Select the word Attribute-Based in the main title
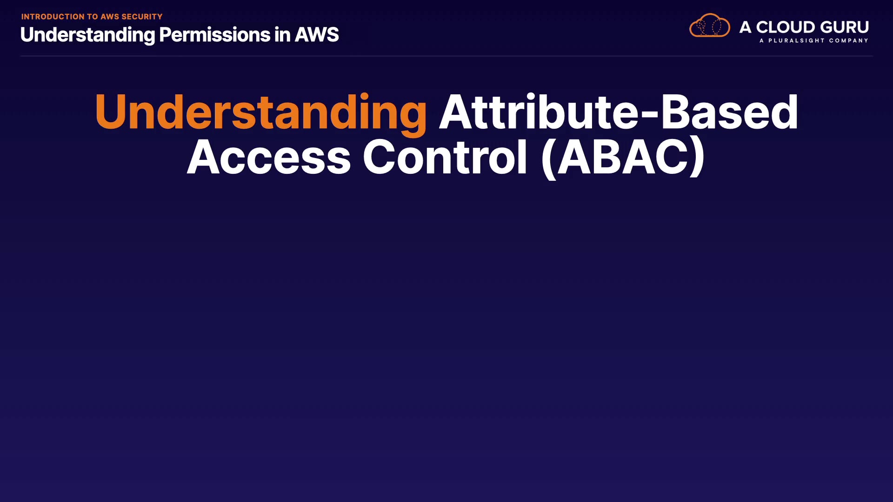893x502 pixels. (619, 112)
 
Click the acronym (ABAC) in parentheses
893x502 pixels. (623, 158)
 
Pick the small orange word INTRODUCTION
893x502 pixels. (53, 17)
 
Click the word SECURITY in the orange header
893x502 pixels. (142, 17)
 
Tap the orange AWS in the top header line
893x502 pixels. (110, 17)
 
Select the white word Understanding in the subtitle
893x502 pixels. (87, 35)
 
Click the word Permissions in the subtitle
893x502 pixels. (214, 35)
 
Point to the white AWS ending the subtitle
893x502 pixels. (317, 35)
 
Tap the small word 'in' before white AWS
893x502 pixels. (282, 35)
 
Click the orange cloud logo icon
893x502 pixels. (710, 25)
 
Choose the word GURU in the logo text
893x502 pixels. (844, 27)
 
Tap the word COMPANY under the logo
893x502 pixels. (849, 41)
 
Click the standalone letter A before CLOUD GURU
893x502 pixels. (745, 27)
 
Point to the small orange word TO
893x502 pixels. (93, 17)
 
